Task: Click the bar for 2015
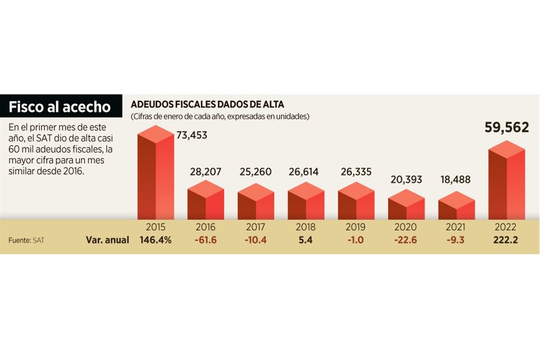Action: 155,174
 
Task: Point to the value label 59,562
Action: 506,128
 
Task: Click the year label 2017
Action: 255,227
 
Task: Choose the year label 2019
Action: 355,227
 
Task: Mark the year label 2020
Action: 406,227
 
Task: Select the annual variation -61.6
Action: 205,240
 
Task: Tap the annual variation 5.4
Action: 305,240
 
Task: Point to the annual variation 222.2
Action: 506,240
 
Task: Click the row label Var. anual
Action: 107,240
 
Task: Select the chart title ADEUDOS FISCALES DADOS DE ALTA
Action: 208,105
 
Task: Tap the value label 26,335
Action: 355,172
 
